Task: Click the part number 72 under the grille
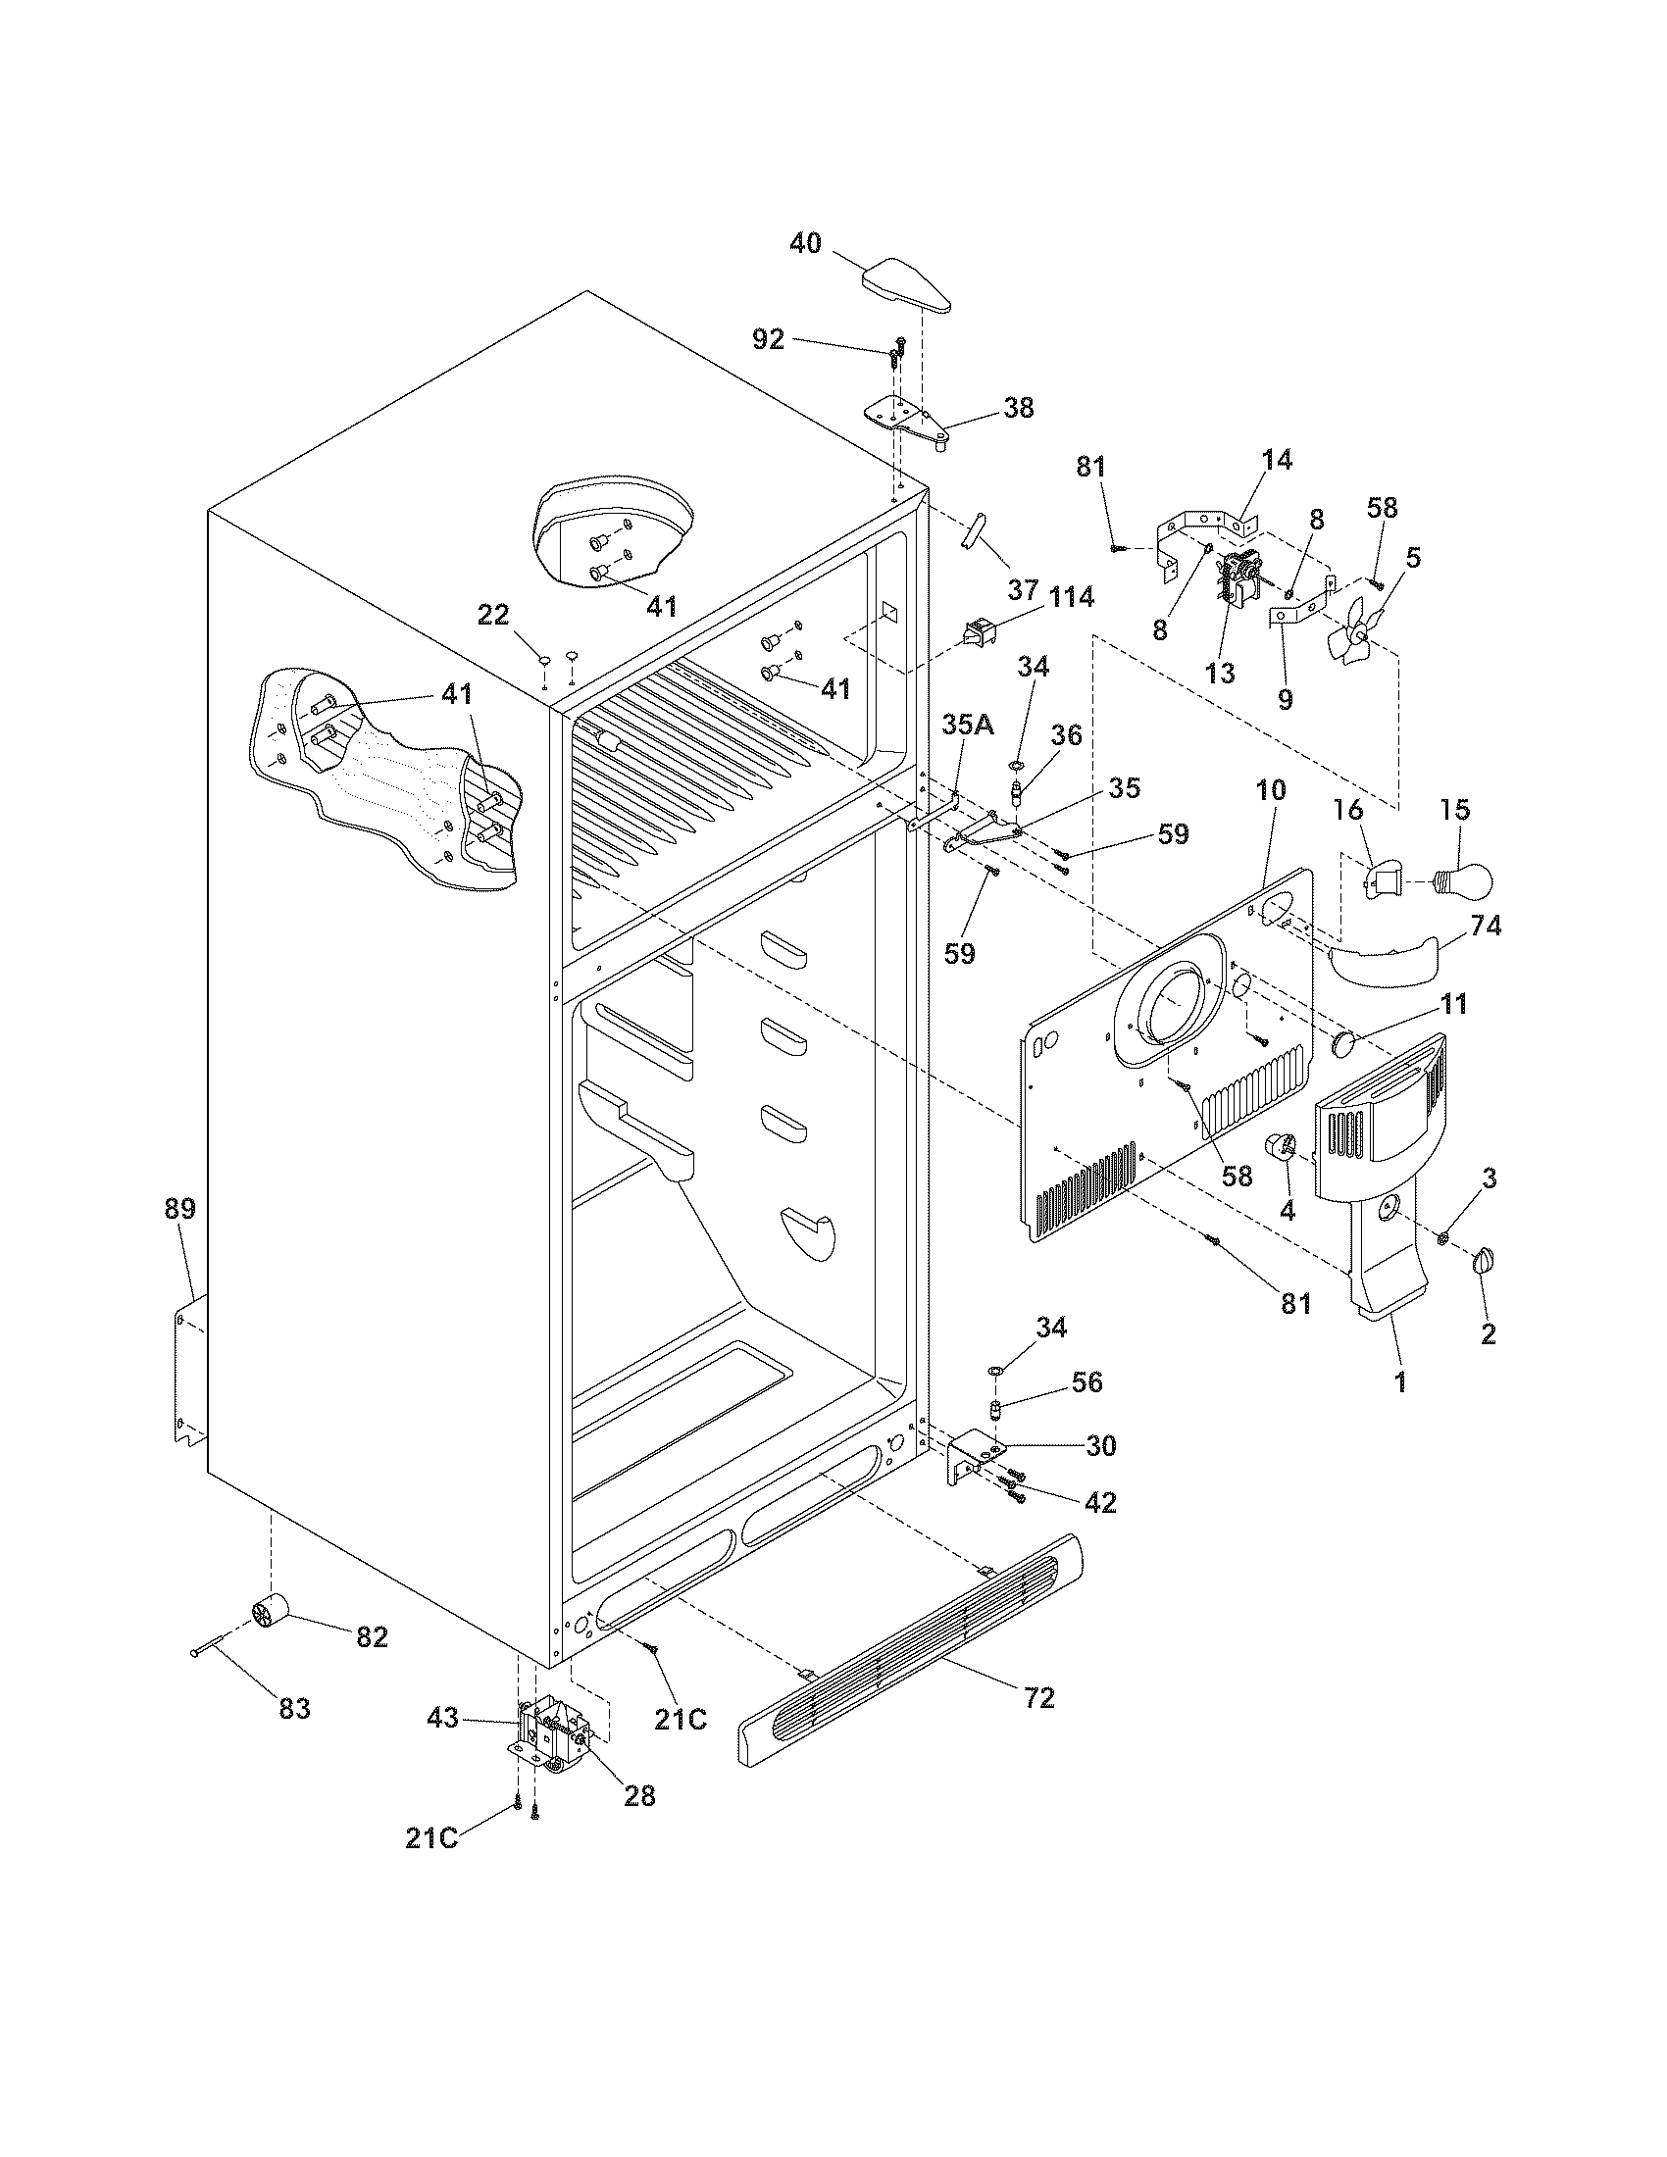(x=1039, y=1697)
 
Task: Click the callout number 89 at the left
(x=179, y=1208)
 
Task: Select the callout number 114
(x=1071, y=596)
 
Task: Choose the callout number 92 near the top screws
(x=768, y=339)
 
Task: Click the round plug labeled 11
(x=1344, y=1043)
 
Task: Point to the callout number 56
(x=1086, y=1380)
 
